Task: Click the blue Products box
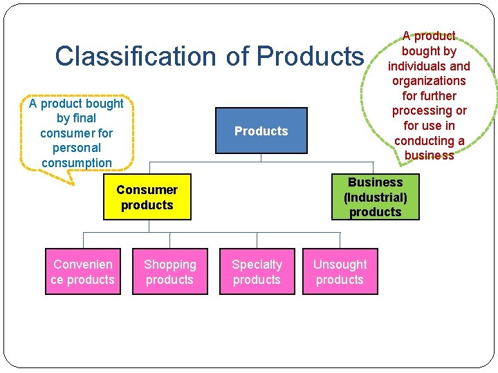[261, 131]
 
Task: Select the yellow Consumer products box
[147, 197]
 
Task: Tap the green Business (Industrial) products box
[375, 197]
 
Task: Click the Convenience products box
[82, 271]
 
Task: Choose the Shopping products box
[169, 271]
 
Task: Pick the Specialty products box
[257, 271]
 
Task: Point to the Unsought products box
[340, 271]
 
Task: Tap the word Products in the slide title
[310, 56]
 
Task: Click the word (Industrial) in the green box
[375, 198]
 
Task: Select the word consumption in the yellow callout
[76, 163]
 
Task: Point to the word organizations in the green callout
[429, 81]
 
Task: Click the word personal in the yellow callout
[76, 148]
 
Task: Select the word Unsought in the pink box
[340, 265]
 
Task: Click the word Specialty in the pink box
[257, 265]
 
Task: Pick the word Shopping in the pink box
[169, 265]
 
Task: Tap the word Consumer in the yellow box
[147, 190]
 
